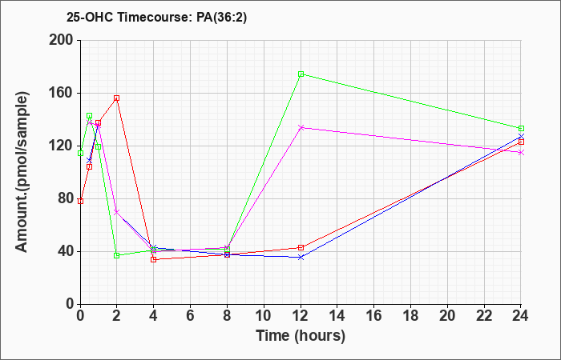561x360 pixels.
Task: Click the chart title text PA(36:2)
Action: coord(221,18)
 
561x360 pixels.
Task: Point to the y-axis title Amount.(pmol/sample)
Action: coord(22,172)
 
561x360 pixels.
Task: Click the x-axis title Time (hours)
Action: coord(301,336)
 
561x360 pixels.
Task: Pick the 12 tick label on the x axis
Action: coord(301,316)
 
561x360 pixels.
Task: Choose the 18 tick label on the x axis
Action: coord(410,316)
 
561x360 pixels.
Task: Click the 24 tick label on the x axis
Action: coord(520,316)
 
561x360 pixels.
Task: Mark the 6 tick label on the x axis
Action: coord(191,316)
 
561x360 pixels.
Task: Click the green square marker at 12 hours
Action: coord(301,74)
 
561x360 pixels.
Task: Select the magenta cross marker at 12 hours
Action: coord(301,127)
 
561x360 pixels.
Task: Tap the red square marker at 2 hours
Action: coord(117,98)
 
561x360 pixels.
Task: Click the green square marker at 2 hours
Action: coord(117,255)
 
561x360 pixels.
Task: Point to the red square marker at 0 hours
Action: coord(80,201)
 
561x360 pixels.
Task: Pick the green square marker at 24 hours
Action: coord(521,128)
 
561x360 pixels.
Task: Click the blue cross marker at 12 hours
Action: coord(301,257)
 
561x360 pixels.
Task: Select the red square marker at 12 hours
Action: coord(301,247)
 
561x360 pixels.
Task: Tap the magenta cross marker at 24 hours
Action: coord(521,153)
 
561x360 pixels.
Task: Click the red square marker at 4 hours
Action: coord(154,259)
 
